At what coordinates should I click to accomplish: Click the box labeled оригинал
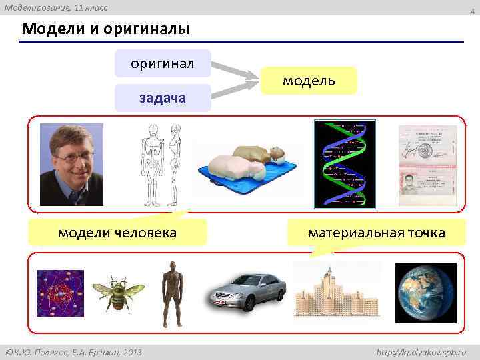pyautogui.click(x=163, y=64)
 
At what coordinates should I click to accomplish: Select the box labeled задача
pyautogui.click(x=163, y=98)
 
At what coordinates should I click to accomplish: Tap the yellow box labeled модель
pyautogui.click(x=309, y=81)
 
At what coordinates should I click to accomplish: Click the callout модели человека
pyautogui.click(x=117, y=233)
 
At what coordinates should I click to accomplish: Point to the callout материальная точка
pyautogui.click(x=376, y=233)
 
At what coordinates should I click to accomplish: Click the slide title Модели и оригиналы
pyautogui.click(x=105, y=29)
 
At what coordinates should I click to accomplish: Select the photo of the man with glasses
pyautogui.click(x=71, y=164)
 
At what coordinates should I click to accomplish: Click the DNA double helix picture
pyautogui.click(x=345, y=164)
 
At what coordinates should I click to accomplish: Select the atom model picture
pyautogui.click(x=60, y=292)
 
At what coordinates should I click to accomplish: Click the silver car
pyautogui.click(x=247, y=292)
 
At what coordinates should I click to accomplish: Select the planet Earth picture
pyautogui.click(x=425, y=293)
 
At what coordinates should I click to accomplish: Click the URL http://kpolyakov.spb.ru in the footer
pyautogui.click(x=421, y=351)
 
